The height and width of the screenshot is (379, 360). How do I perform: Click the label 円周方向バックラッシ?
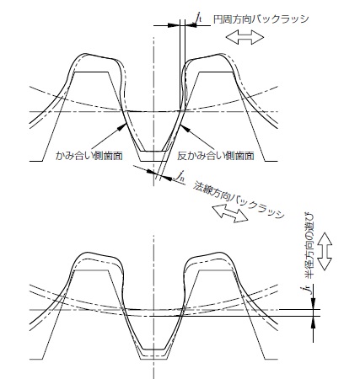[261, 19]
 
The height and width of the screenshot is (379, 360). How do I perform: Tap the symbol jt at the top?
[199, 18]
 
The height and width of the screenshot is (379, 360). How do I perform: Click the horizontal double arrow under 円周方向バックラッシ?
[244, 37]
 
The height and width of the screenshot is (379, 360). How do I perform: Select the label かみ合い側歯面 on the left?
[89, 156]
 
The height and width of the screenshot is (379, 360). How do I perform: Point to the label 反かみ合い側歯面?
[216, 156]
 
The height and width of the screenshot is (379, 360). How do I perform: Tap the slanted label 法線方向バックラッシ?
[239, 200]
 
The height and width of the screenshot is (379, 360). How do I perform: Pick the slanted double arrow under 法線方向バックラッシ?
[230, 214]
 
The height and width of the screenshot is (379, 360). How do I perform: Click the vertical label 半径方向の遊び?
[309, 246]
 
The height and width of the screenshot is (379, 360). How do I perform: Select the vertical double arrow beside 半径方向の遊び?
[325, 251]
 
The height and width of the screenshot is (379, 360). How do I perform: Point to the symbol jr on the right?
[309, 289]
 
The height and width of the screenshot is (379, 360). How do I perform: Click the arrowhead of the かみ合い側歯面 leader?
[121, 127]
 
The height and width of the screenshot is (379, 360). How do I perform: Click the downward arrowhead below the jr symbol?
[314, 304]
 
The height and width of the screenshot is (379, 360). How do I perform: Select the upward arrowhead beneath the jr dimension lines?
[314, 322]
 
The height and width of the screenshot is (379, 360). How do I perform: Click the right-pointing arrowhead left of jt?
[173, 25]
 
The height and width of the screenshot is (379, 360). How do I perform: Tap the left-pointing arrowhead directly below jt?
[191, 25]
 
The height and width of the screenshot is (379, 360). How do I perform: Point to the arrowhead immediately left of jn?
[166, 177]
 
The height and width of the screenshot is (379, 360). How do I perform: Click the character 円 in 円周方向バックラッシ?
[218, 19]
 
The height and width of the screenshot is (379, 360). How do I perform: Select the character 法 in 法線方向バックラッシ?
[197, 187]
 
